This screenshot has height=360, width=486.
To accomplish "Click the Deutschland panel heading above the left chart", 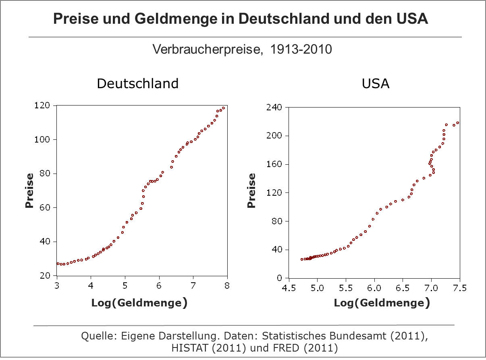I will point(138,83).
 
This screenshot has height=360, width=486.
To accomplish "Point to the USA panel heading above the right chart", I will point(376,83).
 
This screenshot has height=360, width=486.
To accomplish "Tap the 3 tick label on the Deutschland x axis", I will point(57,285).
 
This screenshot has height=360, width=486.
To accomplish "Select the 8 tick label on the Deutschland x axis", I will point(227,285).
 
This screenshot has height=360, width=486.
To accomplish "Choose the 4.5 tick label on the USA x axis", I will point(289,288).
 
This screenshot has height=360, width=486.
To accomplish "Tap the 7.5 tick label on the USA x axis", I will point(459,288).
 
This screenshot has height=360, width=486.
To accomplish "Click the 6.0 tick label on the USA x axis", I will point(374,288).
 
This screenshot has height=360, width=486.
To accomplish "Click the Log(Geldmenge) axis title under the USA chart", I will point(382,303).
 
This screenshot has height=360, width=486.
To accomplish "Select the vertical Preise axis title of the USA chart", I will point(252,190).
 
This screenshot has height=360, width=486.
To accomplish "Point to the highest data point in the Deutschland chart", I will point(224,108).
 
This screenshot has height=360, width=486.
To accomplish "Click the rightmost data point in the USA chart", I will point(458,123).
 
